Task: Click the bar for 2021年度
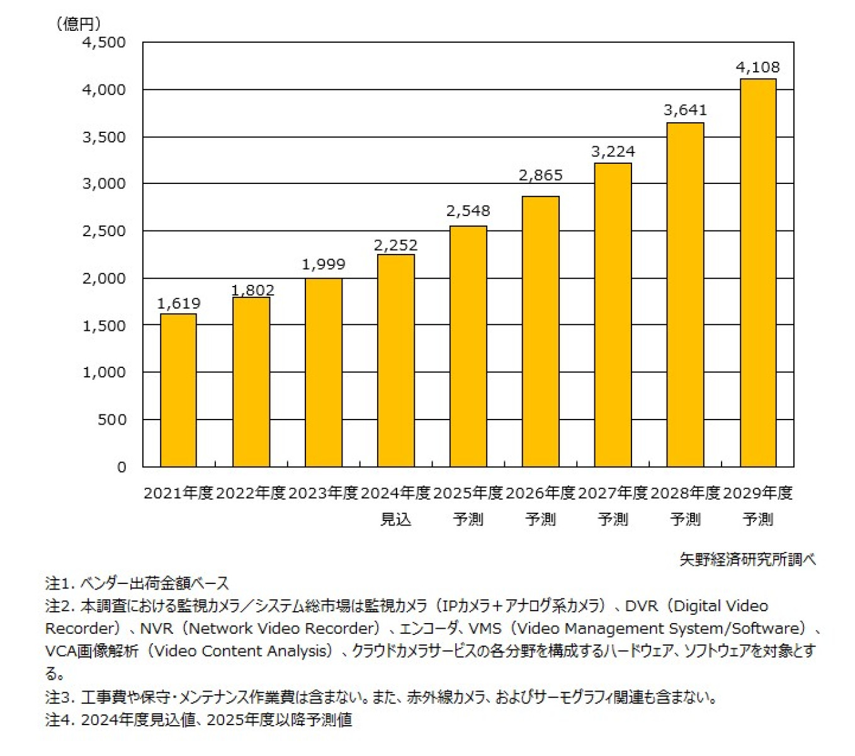pyautogui.click(x=178, y=390)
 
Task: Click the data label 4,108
pyautogui.click(x=757, y=67)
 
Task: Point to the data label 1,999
pyautogui.click(x=323, y=265)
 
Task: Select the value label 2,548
pyautogui.click(x=468, y=211)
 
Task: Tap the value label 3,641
pyautogui.click(x=685, y=110)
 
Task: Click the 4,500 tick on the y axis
pyautogui.click(x=104, y=42)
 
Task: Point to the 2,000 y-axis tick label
pyautogui.click(x=104, y=278)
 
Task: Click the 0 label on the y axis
pyautogui.click(x=122, y=467)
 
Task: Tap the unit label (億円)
pyautogui.click(x=79, y=24)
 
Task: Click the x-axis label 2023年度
pyautogui.click(x=323, y=493)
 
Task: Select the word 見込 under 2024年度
pyautogui.click(x=395, y=519)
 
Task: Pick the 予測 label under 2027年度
pyautogui.click(x=613, y=519)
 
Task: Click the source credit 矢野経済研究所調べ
pyautogui.click(x=747, y=559)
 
